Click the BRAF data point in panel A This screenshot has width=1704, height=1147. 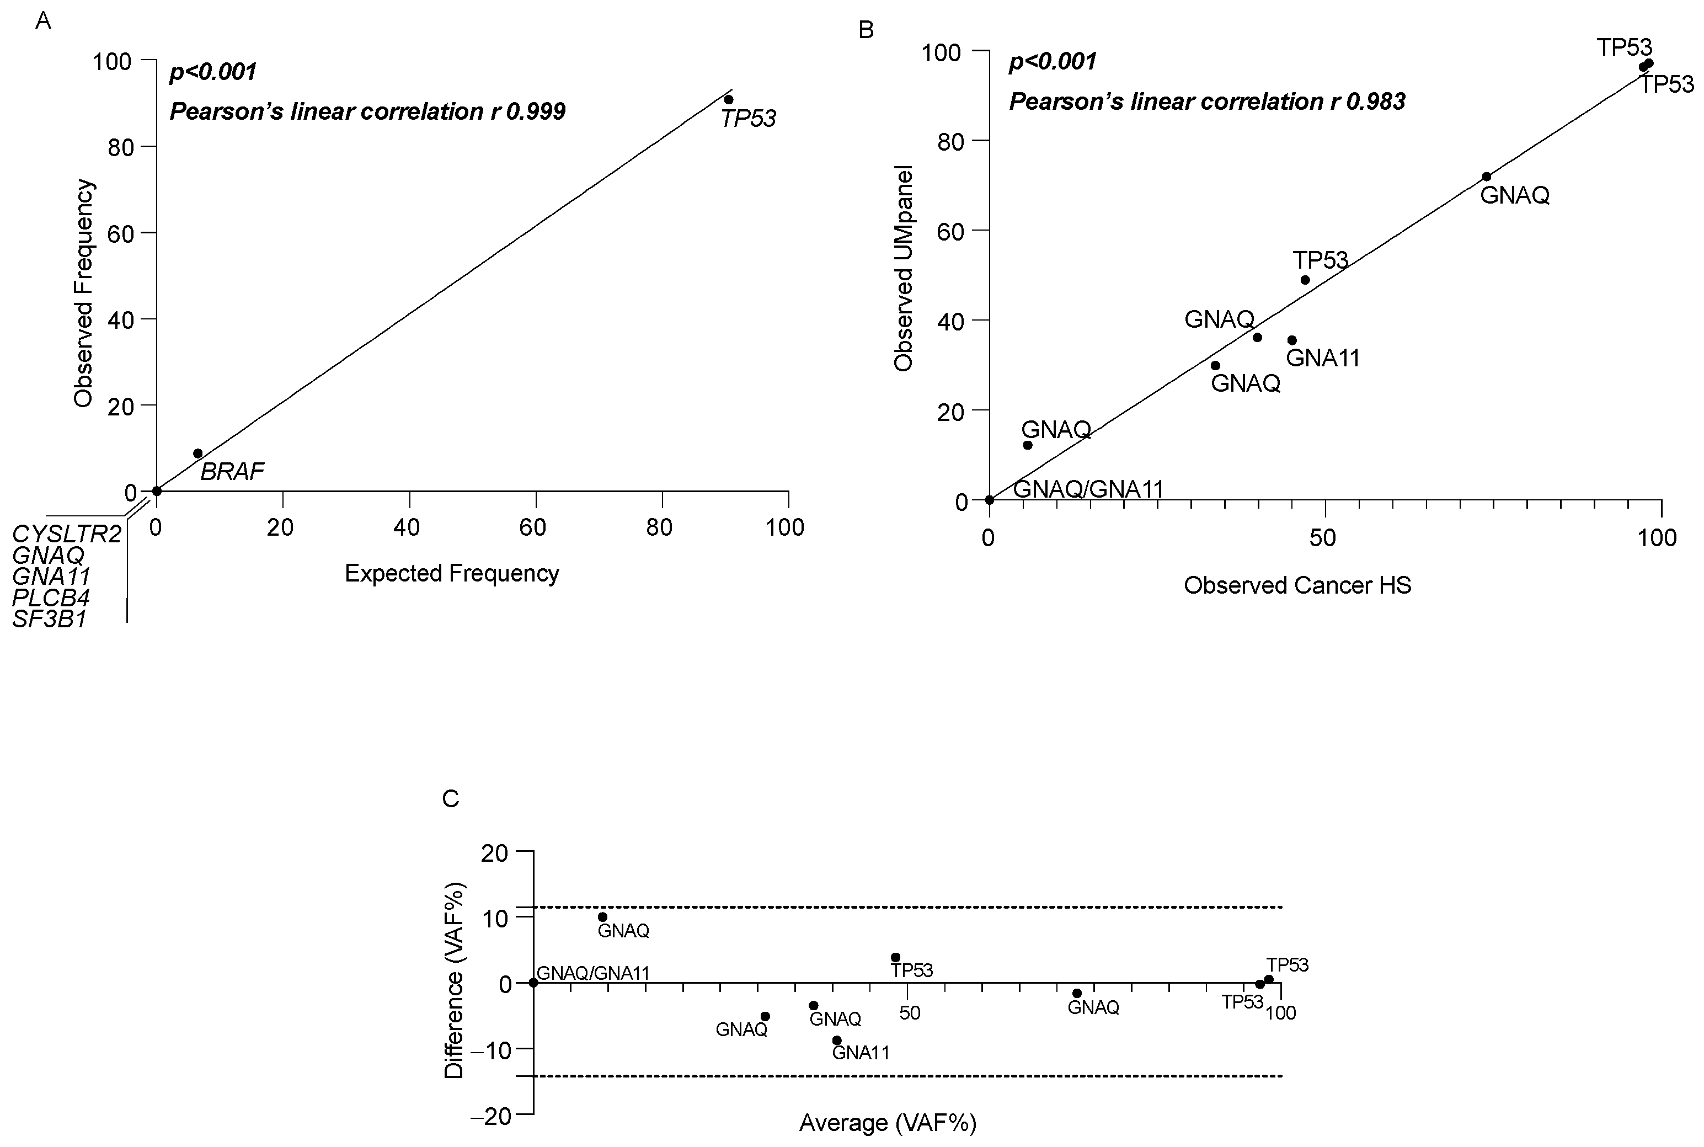tap(197, 454)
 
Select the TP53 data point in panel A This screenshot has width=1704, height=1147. tap(728, 99)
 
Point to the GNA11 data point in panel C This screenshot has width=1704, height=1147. tap(837, 1040)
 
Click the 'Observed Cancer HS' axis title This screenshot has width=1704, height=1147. tap(1297, 585)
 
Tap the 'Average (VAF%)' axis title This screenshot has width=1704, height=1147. tap(888, 1122)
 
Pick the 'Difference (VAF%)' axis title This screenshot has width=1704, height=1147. tap(454, 981)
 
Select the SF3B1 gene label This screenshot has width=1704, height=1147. tap(50, 619)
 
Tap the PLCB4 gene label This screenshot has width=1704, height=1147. tap(51, 597)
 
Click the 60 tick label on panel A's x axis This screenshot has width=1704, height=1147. tap(533, 527)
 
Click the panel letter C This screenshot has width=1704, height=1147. tap(451, 798)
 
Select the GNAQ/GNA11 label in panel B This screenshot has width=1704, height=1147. tap(1088, 489)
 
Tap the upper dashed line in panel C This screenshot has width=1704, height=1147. tap(907, 907)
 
